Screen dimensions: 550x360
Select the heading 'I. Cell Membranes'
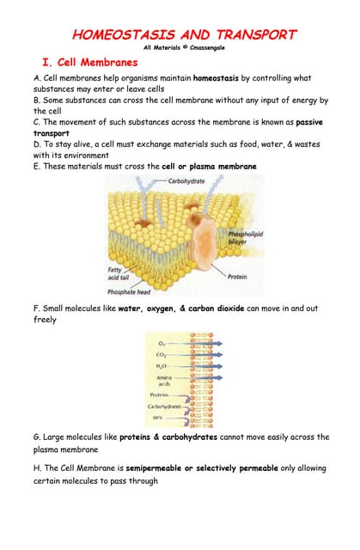pos(90,63)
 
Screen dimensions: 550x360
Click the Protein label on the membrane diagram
pos(237,277)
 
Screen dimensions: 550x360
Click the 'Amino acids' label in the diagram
pos(160,379)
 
